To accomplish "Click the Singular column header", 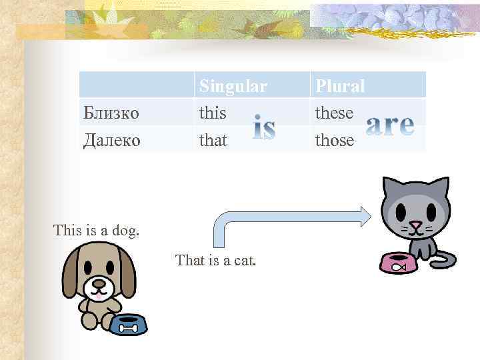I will tap(233, 86).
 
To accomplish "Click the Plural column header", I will tap(340, 86).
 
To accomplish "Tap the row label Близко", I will tap(111, 113).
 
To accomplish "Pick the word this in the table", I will tap(213, 113).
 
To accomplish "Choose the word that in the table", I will tap(213, 140).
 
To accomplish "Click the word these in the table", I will tap(334, 113).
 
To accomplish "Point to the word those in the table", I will tap(335, 140).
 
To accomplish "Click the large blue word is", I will tap(264, 128).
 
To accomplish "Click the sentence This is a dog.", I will tap(97, 231).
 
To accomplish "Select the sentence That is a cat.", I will tap(215, 260).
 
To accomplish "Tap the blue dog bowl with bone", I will tap(128, 324).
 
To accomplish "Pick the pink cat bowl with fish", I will tap(398, 263).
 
